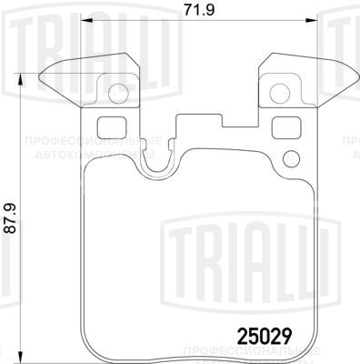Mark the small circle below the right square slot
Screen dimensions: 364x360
[x=291, y=160]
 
